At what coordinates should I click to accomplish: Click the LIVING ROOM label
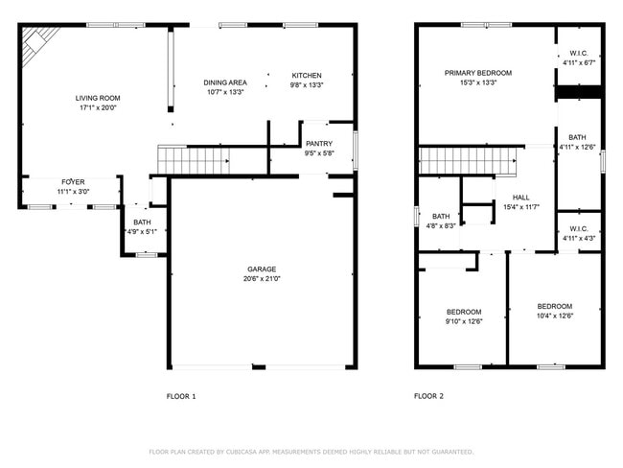[97, 98]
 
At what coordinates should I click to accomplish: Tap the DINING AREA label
[225, 82]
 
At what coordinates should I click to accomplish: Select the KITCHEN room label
[307, 76]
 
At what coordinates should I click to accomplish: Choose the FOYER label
[73, 181]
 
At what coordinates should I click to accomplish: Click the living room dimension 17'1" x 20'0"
[97, 107]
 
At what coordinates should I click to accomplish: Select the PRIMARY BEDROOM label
[477, 73]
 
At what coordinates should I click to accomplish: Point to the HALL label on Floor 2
[507, 197]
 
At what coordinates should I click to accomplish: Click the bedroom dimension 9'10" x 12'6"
[464, 321]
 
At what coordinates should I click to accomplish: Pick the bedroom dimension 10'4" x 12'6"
[554, 316]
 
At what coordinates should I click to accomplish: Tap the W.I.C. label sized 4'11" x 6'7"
[578, 53]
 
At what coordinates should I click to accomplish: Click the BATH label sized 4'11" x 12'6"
[578, 137]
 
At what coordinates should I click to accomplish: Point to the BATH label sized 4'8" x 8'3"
[441, 216]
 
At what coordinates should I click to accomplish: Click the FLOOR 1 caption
[181, 395]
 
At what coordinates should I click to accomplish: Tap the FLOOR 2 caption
[428, 395]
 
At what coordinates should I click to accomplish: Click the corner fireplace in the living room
[38, 43]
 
